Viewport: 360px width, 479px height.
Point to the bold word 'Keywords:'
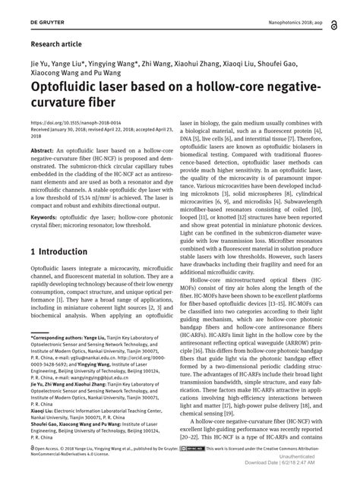tap(45, 238)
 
